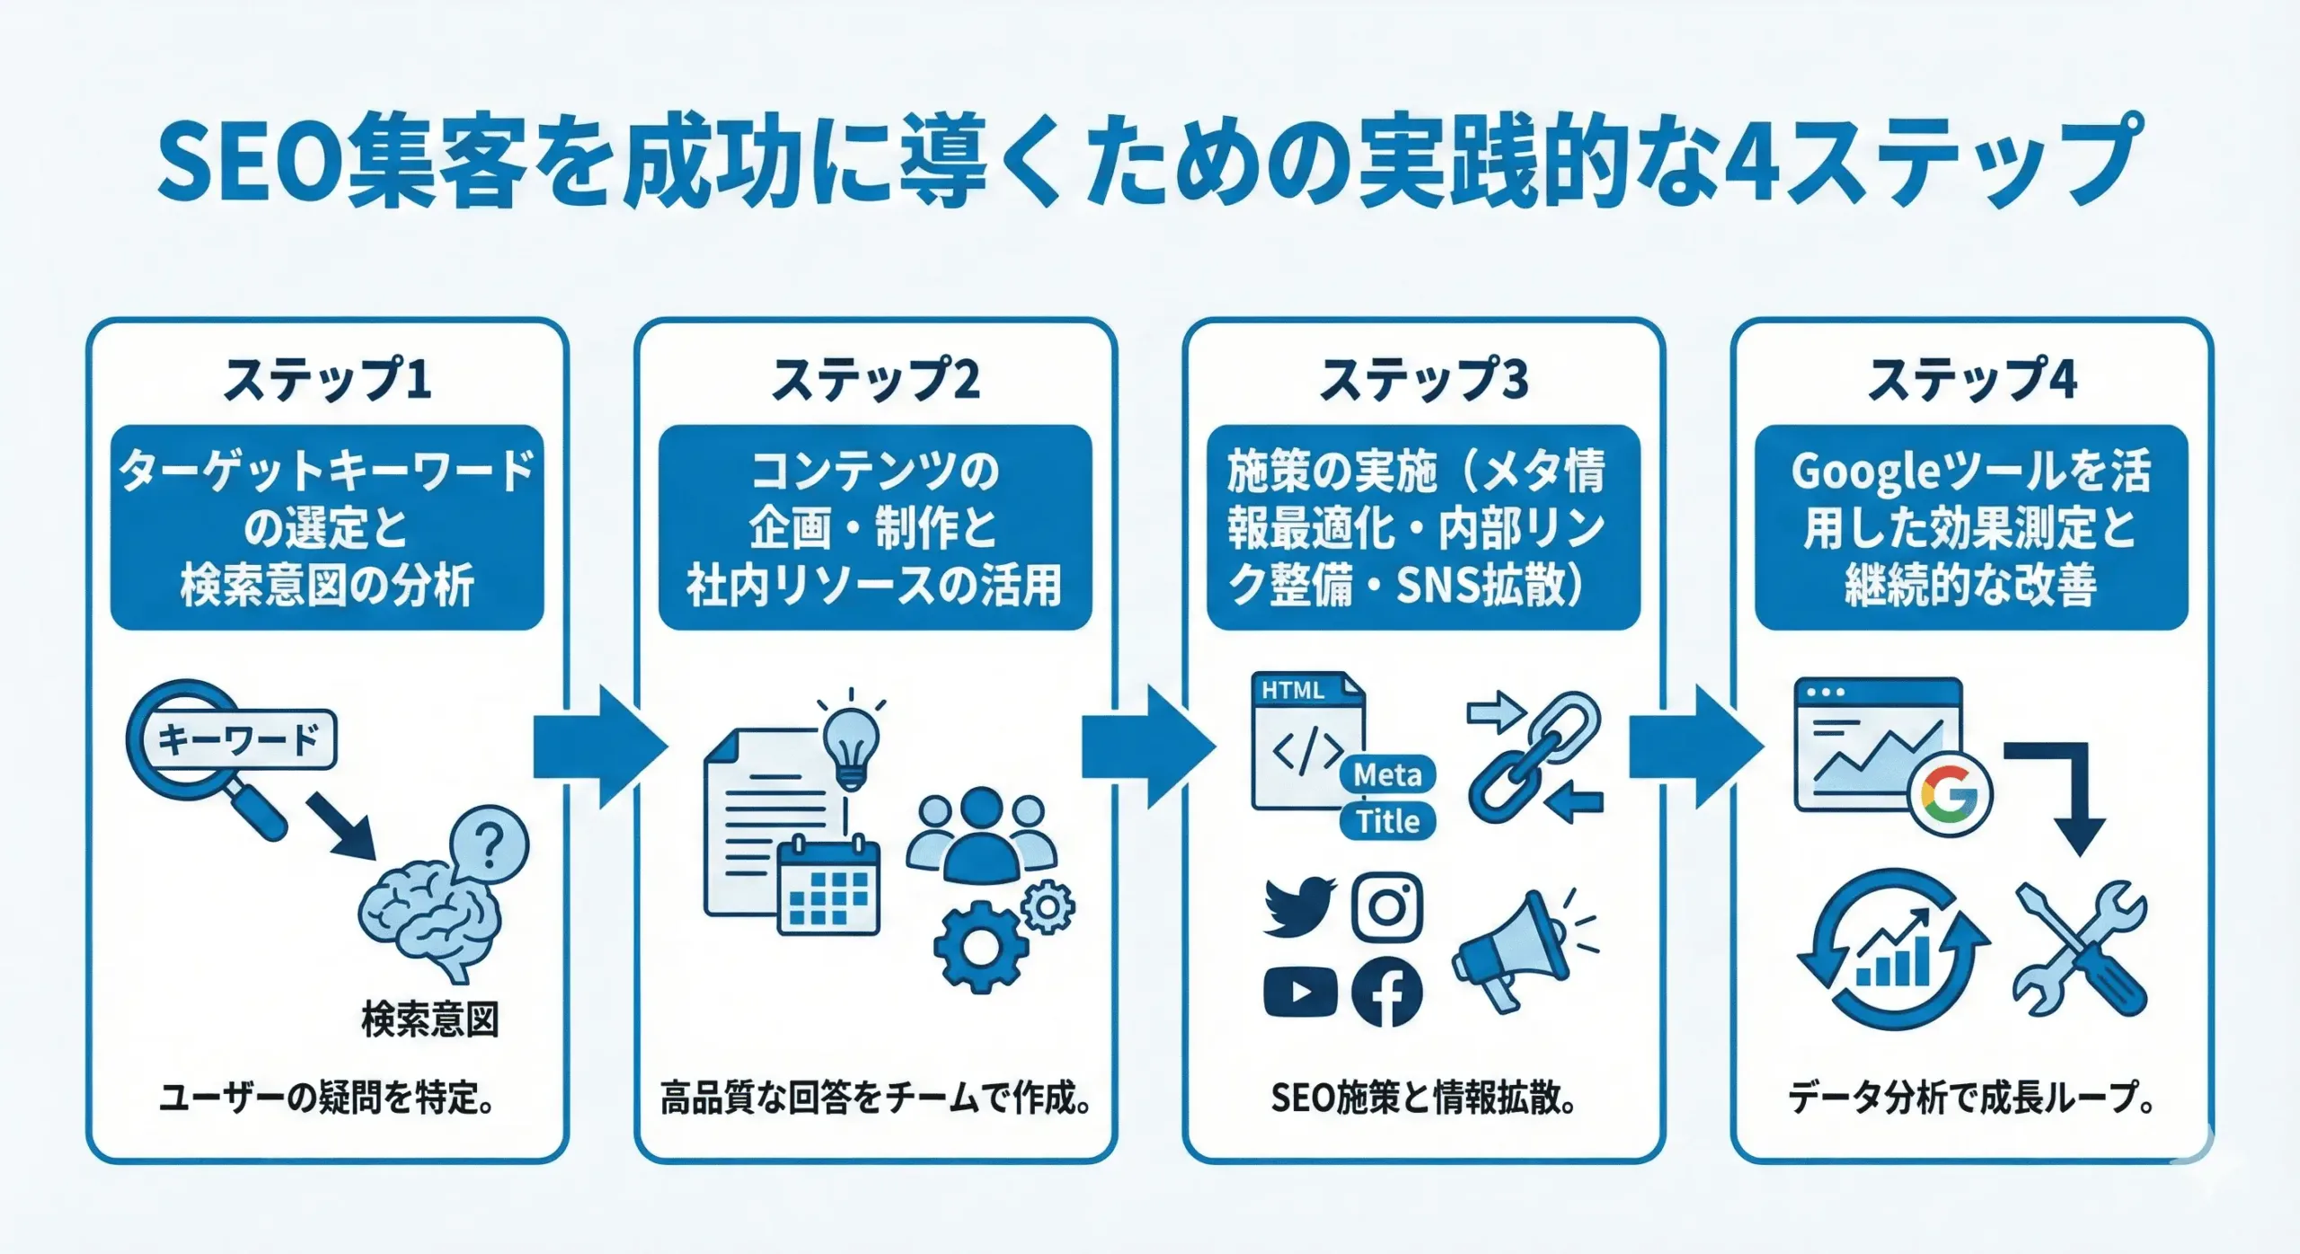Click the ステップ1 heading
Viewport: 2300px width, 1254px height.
coord(327,380)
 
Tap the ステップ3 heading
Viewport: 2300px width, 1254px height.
coord(1423,380)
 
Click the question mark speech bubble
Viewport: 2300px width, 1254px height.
coord(489,845)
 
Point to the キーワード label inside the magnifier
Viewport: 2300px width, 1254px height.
coord(238,739)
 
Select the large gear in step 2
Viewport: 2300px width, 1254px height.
coord(979,946)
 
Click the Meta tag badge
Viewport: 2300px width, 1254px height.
coord(1387,774)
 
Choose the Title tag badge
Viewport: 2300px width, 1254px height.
coord(1387,821)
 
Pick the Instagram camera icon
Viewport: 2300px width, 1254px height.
coord(1387,906)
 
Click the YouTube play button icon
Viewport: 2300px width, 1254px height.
coord(1299,992)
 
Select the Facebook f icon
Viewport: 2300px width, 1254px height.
coord(1386,992)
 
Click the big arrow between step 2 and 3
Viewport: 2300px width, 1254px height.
coord(1146,747)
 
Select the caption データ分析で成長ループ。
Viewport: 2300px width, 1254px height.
coord(1971,1098)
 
